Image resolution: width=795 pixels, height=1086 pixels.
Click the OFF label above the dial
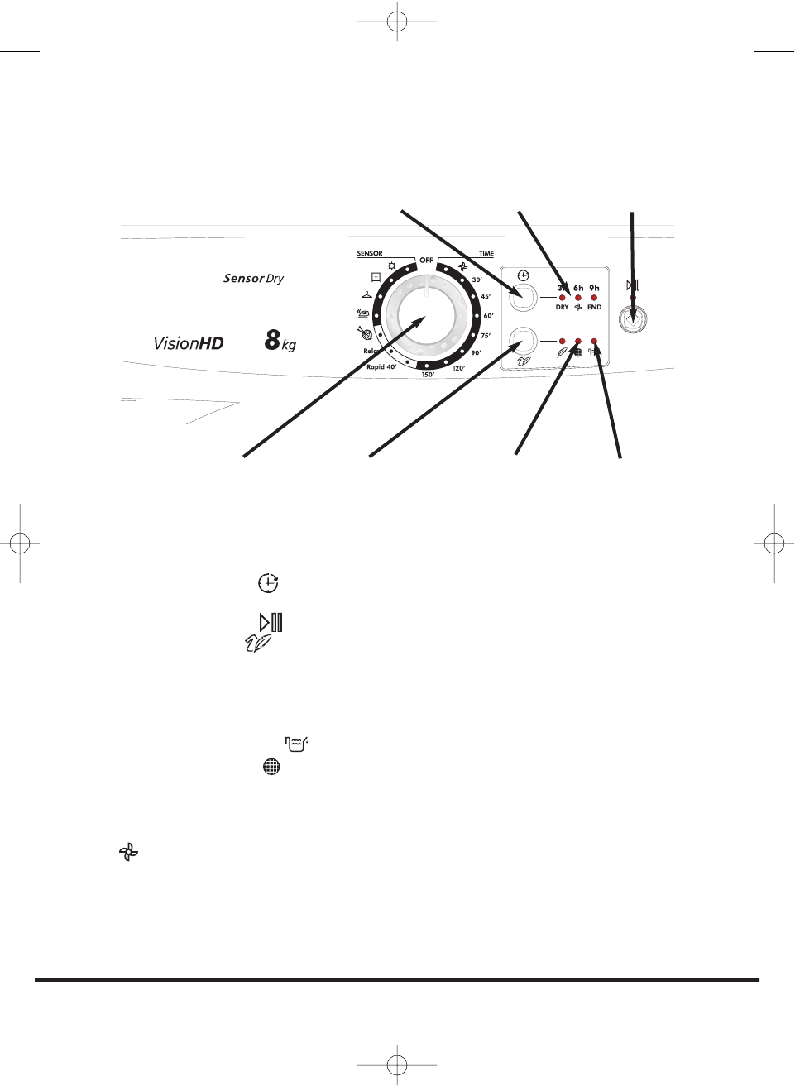[x=426, y=260]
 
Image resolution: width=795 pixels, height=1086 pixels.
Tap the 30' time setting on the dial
[x=477, y=280]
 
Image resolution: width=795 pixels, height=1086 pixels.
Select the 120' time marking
[x=458, y=368]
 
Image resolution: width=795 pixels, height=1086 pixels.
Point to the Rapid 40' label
[x=381, y=366]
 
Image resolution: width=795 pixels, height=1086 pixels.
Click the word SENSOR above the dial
[x=370, y=253]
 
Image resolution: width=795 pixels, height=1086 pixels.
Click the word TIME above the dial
[x=486, y=253]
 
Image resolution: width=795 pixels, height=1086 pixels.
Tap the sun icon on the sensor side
[x=391, y=266]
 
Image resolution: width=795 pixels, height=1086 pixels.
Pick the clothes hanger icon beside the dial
[x=366, y=294]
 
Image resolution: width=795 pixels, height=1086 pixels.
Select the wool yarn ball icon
[x=363, y=332]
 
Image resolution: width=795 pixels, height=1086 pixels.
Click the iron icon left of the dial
[x=362, y=313]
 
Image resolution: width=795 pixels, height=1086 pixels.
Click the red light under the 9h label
[x=594, y=298]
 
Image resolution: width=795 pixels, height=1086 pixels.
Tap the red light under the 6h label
[x=578, y=298]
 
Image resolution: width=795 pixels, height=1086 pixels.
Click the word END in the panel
[x=594, y=308]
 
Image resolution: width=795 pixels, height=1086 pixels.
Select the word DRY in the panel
[x=562, y=308]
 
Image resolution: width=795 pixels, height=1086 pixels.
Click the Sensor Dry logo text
[x=253, y=279]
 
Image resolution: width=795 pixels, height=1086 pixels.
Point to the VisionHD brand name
[x=189, y=343]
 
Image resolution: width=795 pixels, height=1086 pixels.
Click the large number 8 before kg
[x=272, y=340]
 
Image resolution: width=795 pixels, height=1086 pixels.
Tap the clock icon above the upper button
[x=523, y=275]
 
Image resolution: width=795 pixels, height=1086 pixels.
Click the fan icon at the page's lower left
[x=128, y=852]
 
